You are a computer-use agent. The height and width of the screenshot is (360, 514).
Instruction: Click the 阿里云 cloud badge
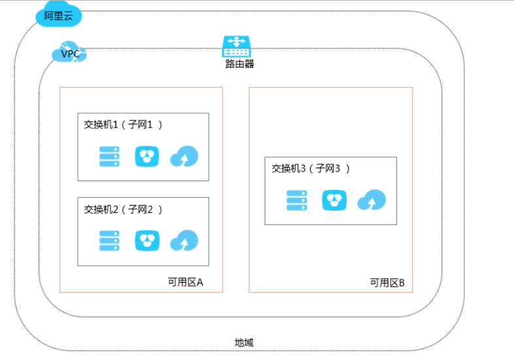[x=59, y=16]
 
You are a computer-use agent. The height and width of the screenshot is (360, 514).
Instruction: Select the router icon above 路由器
[x=236, y=46]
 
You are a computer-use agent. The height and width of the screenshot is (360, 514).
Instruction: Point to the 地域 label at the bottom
[x=244, y=342]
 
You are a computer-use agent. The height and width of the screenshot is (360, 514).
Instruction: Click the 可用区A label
[x=186, y=282]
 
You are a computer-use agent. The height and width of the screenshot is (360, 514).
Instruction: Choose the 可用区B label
[x=387, y=283]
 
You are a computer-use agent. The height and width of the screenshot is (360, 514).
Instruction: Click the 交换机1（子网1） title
[x=123, y=124]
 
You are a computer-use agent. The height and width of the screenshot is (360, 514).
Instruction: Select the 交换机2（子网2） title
[x=123, y=209]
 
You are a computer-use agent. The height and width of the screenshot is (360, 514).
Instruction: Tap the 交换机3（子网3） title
[x=311, y=168]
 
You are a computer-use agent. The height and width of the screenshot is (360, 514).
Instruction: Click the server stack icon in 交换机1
[x=109, y=156]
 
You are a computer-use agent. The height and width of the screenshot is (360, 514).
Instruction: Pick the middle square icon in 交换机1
[x=147, y=156]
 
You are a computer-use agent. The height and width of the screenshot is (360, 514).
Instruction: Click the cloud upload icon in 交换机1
[x=184, y=157]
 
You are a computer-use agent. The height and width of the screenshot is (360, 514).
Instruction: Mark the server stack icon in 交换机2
[x=109, y=240]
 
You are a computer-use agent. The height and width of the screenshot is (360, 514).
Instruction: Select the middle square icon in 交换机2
[x=147, y=240]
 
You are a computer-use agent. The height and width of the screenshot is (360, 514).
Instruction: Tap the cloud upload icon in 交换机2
[x=184, y=241]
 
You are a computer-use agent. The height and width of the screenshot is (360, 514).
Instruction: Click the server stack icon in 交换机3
[x=297, y=200]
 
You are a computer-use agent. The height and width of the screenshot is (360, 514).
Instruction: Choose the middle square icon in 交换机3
[x=334, y=200]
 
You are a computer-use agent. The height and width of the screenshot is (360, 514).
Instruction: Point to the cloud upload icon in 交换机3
[x=371, y=200]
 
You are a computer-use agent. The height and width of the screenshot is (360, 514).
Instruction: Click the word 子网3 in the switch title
[x=328, y=168]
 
